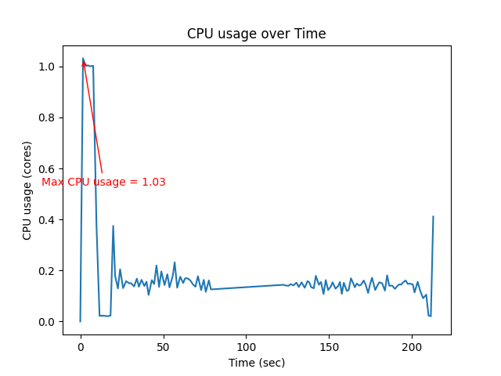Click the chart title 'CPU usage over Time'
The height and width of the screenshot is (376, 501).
click(x=256, y=34)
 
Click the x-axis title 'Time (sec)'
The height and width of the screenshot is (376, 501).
click(x=256, y=363)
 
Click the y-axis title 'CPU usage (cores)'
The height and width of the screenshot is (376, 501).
click(x=27, y=190)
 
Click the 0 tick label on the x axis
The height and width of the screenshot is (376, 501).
click(x=80, y=346)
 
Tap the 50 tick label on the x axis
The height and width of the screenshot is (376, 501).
click(x=163, y=346)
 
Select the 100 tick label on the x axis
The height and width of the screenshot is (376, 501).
click(x=246, y=346)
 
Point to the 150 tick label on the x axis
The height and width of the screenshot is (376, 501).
click(x=329, y=346)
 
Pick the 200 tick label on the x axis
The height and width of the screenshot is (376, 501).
click(x=412, y=346)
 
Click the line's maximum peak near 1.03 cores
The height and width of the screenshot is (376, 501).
click(x=83, y=59)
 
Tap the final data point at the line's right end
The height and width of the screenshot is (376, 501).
click(x=433, y=217)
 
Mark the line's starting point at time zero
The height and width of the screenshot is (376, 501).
click(x=80, y=321)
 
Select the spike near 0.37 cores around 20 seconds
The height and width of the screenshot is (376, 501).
click(x=113, y=226)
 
